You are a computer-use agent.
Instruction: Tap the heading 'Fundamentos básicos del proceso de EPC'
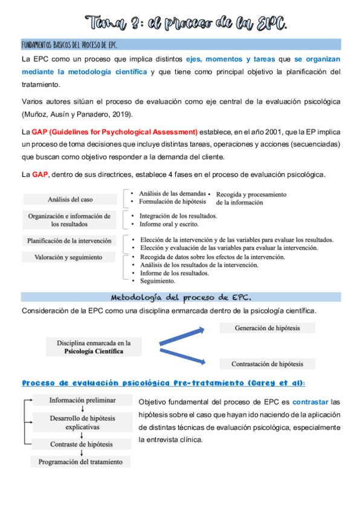(69, 45)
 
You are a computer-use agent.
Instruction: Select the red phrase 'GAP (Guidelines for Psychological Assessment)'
(115, 132)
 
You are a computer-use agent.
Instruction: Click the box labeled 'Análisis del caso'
(70, 199)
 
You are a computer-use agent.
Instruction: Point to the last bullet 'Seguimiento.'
(158, 281)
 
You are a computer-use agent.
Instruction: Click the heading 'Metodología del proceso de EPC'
(181, 297)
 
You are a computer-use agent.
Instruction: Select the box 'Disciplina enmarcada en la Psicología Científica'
(94, 347)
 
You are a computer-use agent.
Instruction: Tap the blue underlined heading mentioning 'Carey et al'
(163, 383)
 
